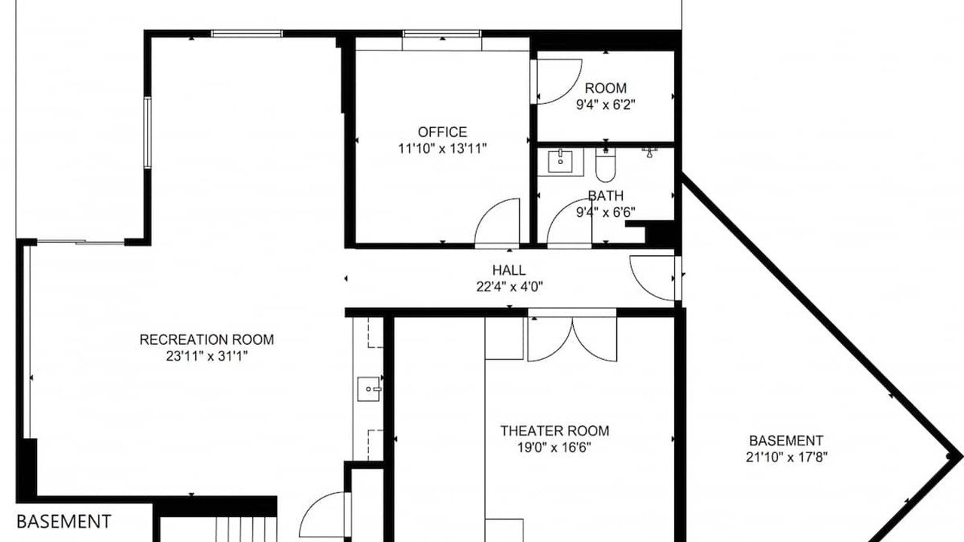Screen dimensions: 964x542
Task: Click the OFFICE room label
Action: (x=442, y=132)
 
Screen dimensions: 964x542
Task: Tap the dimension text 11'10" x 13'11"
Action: (x=442, y=149)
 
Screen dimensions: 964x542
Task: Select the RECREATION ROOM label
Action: (x=206, y=340)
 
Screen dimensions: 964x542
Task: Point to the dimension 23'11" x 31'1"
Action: (x=207, y=357)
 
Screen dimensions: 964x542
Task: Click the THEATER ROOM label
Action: (x=555, y=431)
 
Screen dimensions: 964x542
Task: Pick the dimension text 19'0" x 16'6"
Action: (x=554, y=448)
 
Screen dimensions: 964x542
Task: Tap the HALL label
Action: (x=509, y=270)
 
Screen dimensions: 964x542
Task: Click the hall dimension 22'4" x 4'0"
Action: (x=510, y=287)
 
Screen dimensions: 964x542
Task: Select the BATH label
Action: (x=606, y=196)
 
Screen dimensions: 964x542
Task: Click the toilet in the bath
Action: (x=606, y=165)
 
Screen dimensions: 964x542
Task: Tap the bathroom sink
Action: (x=560, y=161)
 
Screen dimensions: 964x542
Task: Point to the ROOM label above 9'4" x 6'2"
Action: (x=606, y=88)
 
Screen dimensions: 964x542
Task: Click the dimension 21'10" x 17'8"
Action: (x=787, y=457)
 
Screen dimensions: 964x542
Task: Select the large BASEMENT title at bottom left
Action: (x=64, y=522)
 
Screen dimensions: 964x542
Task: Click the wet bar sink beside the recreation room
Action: (x=369, y=389)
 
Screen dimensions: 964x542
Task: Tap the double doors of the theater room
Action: (x=572, y=338)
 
